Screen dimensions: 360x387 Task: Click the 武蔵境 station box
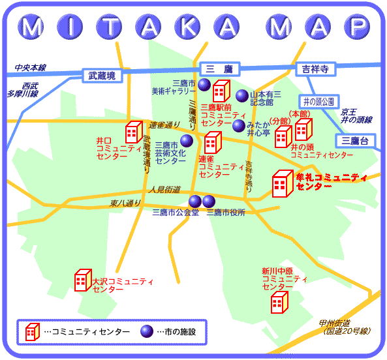point(102,76)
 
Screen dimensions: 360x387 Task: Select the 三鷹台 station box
point(355,140)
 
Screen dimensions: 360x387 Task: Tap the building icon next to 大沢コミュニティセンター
point(82,280)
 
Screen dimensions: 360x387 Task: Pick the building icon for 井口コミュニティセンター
point(133,133)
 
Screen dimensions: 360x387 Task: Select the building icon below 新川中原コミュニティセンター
point(279,303)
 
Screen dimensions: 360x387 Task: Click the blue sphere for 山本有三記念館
point(242,95)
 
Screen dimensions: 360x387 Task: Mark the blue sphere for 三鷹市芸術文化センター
point(187,140)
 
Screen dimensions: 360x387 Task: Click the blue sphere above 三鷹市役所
point(209,201)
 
